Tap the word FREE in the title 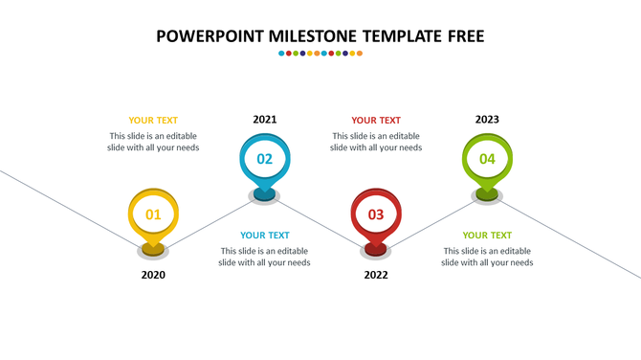click(461, 36)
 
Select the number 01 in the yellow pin click(153, 214)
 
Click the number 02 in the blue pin click(265, 159)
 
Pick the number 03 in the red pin click(376, 214)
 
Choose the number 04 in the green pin click(487, 159)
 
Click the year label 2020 click(153, 275)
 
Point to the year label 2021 click(265, 120)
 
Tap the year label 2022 click(376, 275)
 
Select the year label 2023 click(487, 120)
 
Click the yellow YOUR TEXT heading click(153, 121)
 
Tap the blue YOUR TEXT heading click(265, 236)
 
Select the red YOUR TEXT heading click(376, 121)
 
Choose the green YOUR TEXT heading click(487, 236)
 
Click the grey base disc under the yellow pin click(153, 253)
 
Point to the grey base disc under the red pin click(376, 253)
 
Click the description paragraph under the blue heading click(264, 257)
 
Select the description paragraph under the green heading click(487, 257)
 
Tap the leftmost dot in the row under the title click(281, 54)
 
